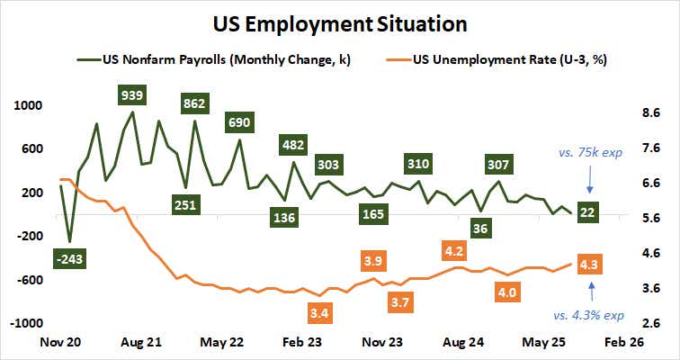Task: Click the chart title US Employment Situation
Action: [x=340, y=22]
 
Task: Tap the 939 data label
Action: [x=132, y=94]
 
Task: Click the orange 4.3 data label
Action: [x=590, y=265]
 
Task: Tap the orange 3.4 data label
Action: [x=318, y=314]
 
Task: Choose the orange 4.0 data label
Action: [x=507, y=292]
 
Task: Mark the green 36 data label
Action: [x=481, y=229]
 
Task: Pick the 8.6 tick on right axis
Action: [x=650, y=113]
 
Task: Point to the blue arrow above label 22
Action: [x=589, y=183]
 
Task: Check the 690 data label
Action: [x=240, y=121]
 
